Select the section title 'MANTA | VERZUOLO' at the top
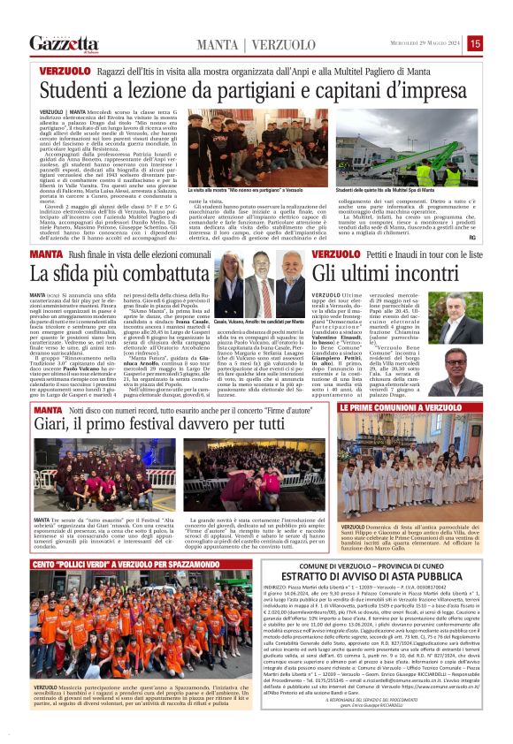[x=231, y=43]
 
